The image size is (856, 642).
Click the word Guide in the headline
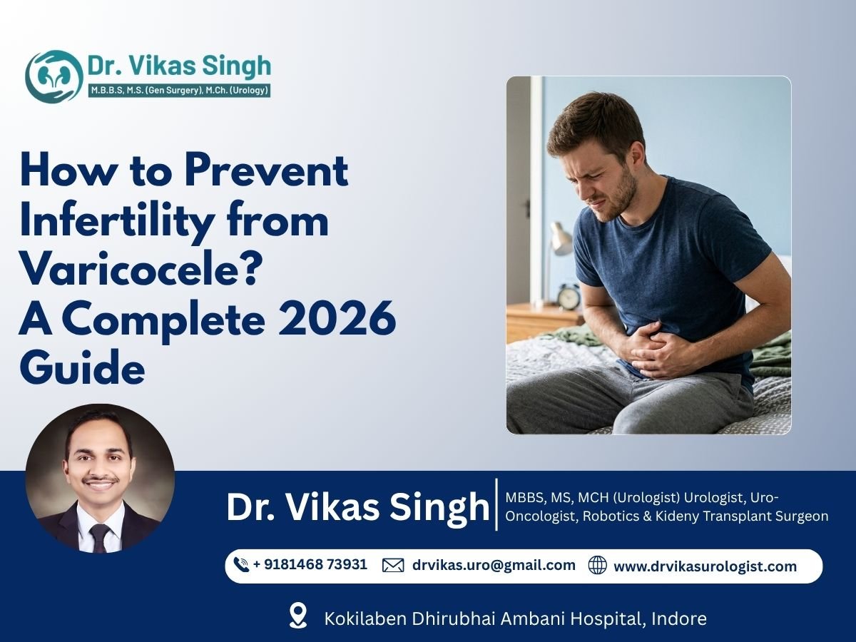pyautogui.click(x=82, y=369)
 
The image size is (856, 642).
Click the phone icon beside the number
pyautogui.click(x=241, y=565)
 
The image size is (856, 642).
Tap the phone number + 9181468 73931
pyautogui.click(x=310, y=565)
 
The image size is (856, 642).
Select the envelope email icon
pyautogui.click(x=393, y=566)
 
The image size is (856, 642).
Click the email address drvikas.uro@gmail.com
pyautogui.click(x=494, y=565)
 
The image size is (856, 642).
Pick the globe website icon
pyautogui.click(x=597, y=566)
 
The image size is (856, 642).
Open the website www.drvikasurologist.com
pyautogui.click(x=705, y=566)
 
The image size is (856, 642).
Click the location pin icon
pyautogui.click(x=297, y=616)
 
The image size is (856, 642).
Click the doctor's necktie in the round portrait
pyautogui.click(x=100, y=536)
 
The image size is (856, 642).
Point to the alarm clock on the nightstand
pyautogui.click(x=569, y=297)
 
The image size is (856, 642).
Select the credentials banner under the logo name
pyautogui.click(x=178, y=91)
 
